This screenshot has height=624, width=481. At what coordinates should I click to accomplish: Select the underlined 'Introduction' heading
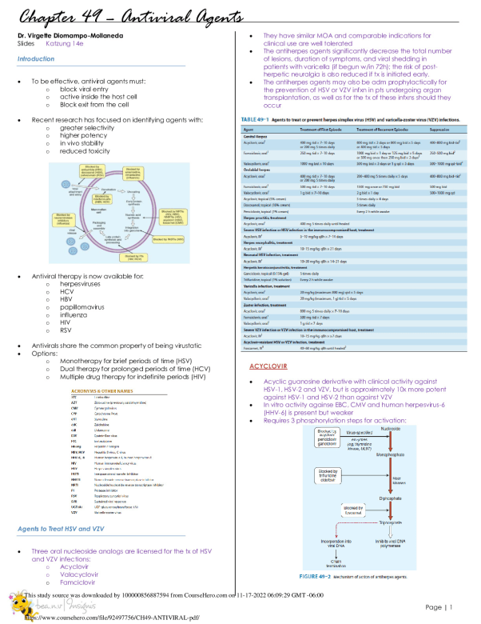[36, 58]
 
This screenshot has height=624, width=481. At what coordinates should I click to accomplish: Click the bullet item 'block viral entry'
[84, 90]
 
